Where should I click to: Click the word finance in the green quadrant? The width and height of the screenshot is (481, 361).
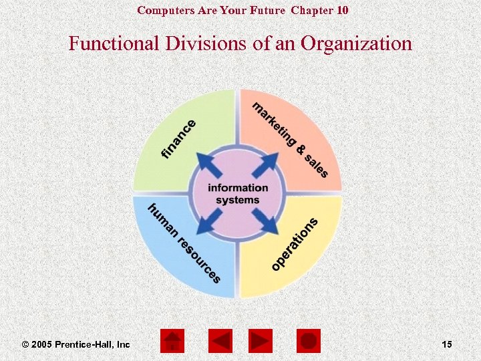pos(179,139)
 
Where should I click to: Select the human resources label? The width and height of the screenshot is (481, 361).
pos(184,242)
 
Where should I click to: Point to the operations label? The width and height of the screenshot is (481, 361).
pos(295,244)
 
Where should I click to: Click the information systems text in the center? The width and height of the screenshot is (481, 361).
pos(238,193)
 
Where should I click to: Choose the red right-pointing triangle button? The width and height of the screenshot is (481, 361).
pos(261,341)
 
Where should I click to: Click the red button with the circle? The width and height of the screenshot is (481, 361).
pos(308,341)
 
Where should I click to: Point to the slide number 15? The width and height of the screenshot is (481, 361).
pos(447,344)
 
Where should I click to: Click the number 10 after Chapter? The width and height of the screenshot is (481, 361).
pos(341,10)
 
